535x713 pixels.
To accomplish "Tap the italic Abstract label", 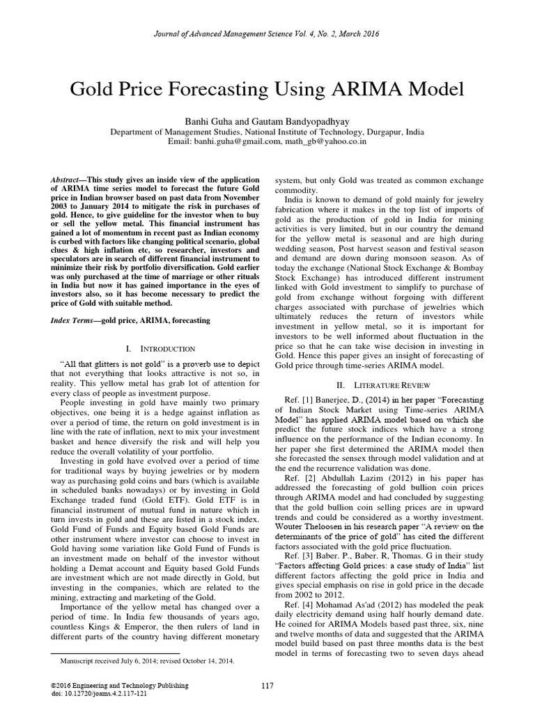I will (x=67, y=179).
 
